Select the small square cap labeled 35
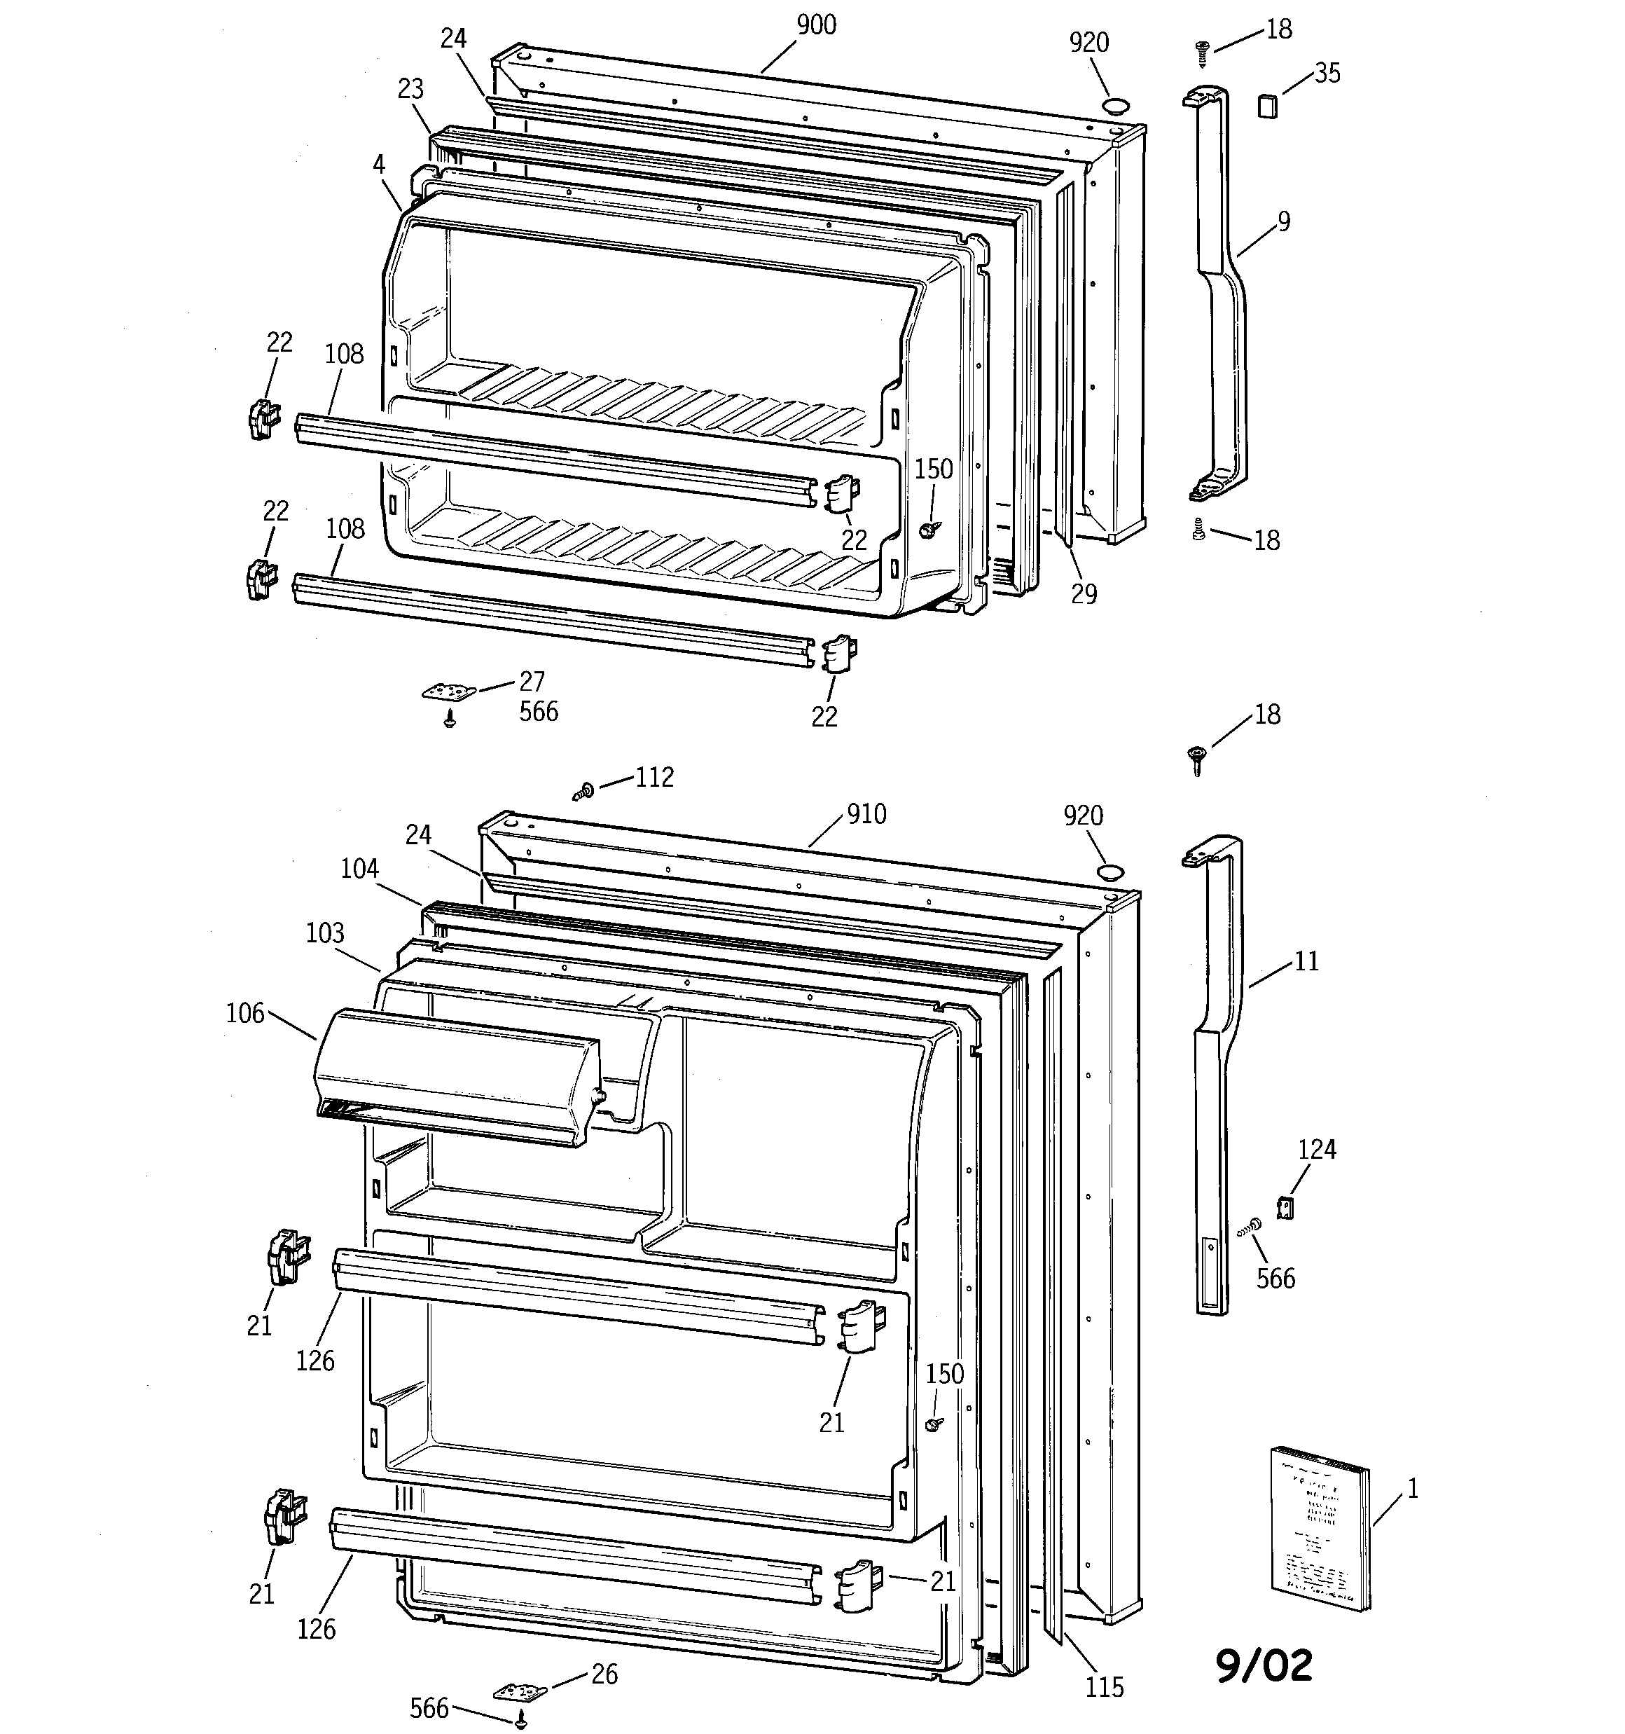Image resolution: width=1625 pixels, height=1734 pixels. coord(1266,106)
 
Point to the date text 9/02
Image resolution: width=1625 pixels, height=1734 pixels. coord(1264,1665)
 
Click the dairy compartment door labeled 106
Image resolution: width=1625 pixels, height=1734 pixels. coord(455,1075)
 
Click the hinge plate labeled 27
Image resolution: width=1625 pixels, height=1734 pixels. coord(449,691)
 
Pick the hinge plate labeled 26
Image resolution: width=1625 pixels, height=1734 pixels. coord(520,1691)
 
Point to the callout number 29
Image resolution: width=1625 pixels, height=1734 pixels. coord(1084,593)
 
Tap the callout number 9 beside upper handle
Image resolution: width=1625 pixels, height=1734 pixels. coord(1283,221)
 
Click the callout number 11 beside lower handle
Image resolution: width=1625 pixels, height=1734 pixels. coord(1306,961)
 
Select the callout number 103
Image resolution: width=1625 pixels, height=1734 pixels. coord(324,933)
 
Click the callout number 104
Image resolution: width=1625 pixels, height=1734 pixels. coord(359,868)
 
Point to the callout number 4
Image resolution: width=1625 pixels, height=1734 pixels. coord(378,163)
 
